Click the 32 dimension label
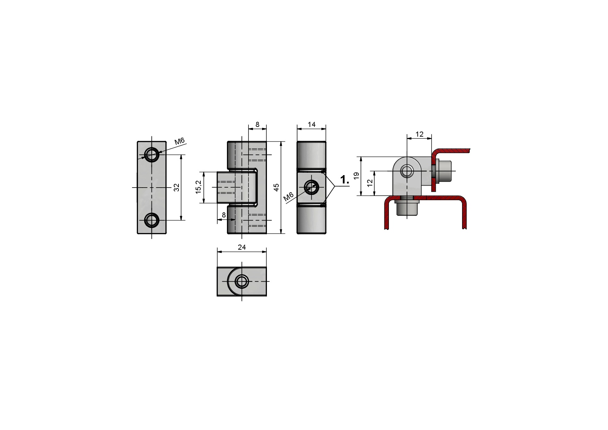click(177, 187)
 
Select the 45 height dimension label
click(276, 187)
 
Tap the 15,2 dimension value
click(198, 187)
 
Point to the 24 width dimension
click(242, 247)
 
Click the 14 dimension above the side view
click(312, 124)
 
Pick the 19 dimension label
click(356, 176)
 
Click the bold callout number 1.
click(345, 180)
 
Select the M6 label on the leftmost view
click(180, 141)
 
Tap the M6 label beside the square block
click(288, 197)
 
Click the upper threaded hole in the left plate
click(151, 155)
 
